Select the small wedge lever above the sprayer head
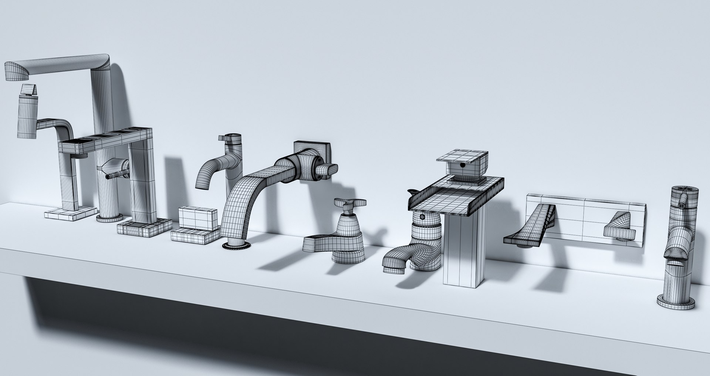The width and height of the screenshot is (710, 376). click(x=29, y=90)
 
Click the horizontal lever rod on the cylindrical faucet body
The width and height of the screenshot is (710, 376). click(x=118, y=175)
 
